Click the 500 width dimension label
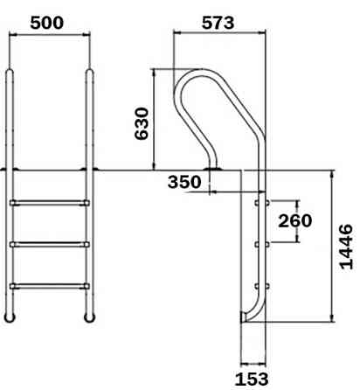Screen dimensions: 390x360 point(47,22)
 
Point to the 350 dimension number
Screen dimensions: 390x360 point(185,182)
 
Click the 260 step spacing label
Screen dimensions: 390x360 point(294,220)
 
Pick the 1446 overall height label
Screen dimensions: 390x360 point(347,247)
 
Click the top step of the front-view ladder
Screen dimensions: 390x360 point(49,203)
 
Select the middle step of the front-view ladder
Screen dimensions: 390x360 point(49,243)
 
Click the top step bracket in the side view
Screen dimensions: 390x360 point(257,203)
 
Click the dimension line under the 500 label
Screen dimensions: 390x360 point(49,36)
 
